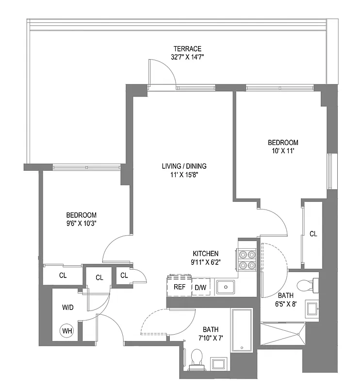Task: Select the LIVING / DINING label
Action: pyautogui.click(x=181, y=167)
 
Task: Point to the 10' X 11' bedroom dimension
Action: pyautogui.click(x=283, y=151)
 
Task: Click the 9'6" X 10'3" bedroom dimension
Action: pyautogui.click(x=81, y=223)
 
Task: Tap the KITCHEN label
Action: pyautogui.click(x=206, y=253)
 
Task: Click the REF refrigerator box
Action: pyautogui.click(x=180, y=287)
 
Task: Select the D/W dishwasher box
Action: pyautogui.click(x=200, y=287)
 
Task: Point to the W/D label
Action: pyautogui.click(x=68, y=307)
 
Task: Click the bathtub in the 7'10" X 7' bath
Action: pyautogui.click(x=241, y=331)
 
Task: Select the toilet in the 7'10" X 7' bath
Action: pyautogui.click(x=197, y=357)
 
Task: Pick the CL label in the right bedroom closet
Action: pyautogui.click(x=313, y=234)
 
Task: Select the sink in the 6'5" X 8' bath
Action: pyautogui.click(x=312, y=307)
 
